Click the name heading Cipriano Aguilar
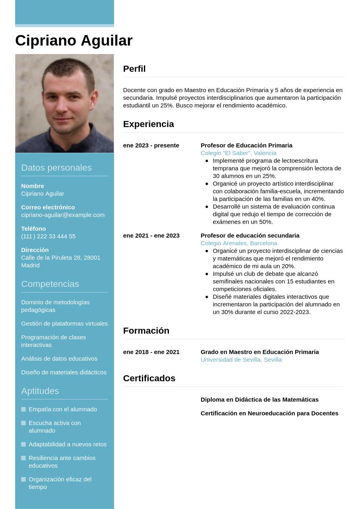(74, 41)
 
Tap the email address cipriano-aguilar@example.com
(62, 215)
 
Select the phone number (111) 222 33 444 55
(48, 236)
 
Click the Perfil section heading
(134, 69)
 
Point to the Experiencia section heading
(148, 124)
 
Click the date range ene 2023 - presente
(151, 145)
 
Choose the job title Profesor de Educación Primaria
(246, 145)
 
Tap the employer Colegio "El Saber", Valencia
(238, 153)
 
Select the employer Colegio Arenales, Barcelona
(239, 243)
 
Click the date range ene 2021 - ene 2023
(151, 236)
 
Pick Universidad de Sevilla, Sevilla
(241, 360)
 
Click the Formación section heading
(146, 331)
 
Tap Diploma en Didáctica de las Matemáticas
(259, 400)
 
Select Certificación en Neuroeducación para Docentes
(269, 413)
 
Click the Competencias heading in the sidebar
(50, 284)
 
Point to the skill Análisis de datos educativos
(59, 359)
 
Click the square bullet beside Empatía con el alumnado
(23, 409)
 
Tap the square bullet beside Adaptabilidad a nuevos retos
(23, 445)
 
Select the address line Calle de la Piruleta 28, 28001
(60, 258)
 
